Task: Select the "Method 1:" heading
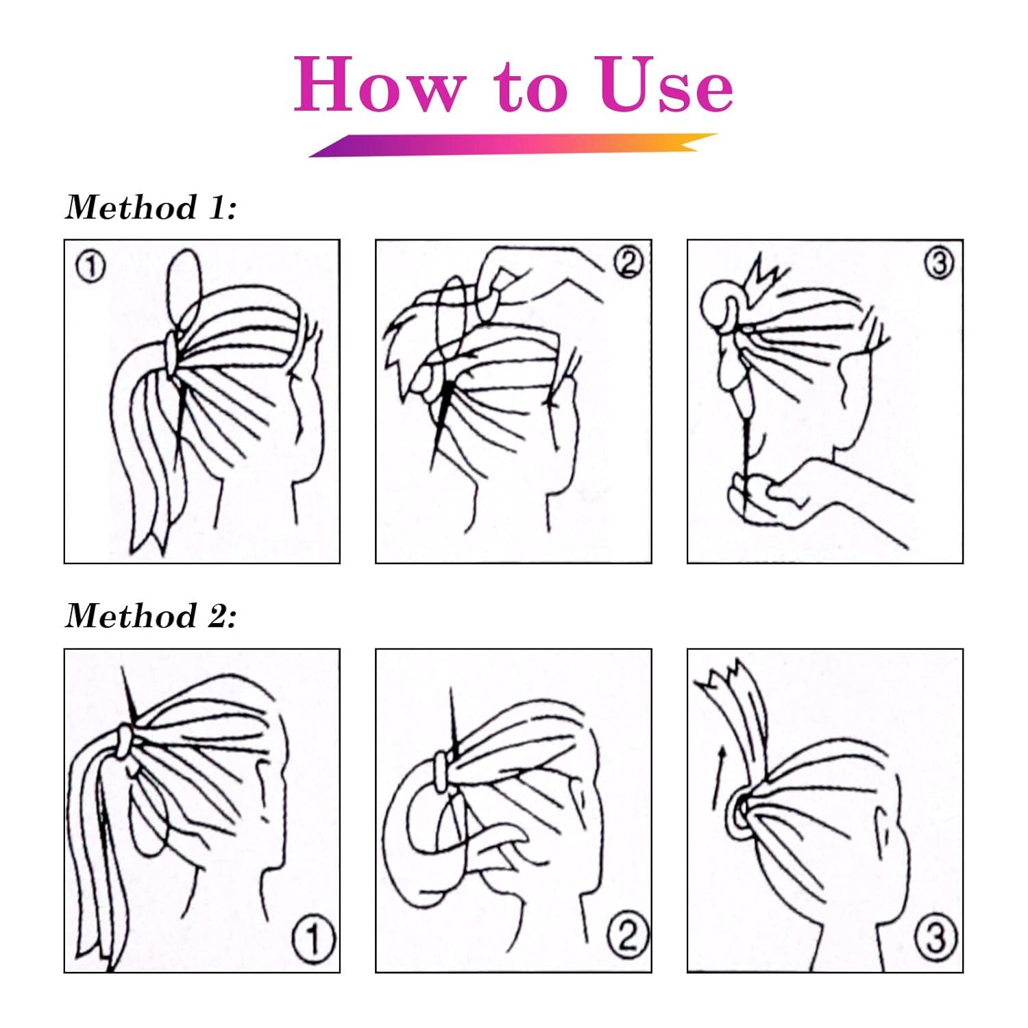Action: tap(151, 208)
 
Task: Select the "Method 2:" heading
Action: tap(151, 615)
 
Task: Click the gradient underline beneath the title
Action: tap(513, 145)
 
